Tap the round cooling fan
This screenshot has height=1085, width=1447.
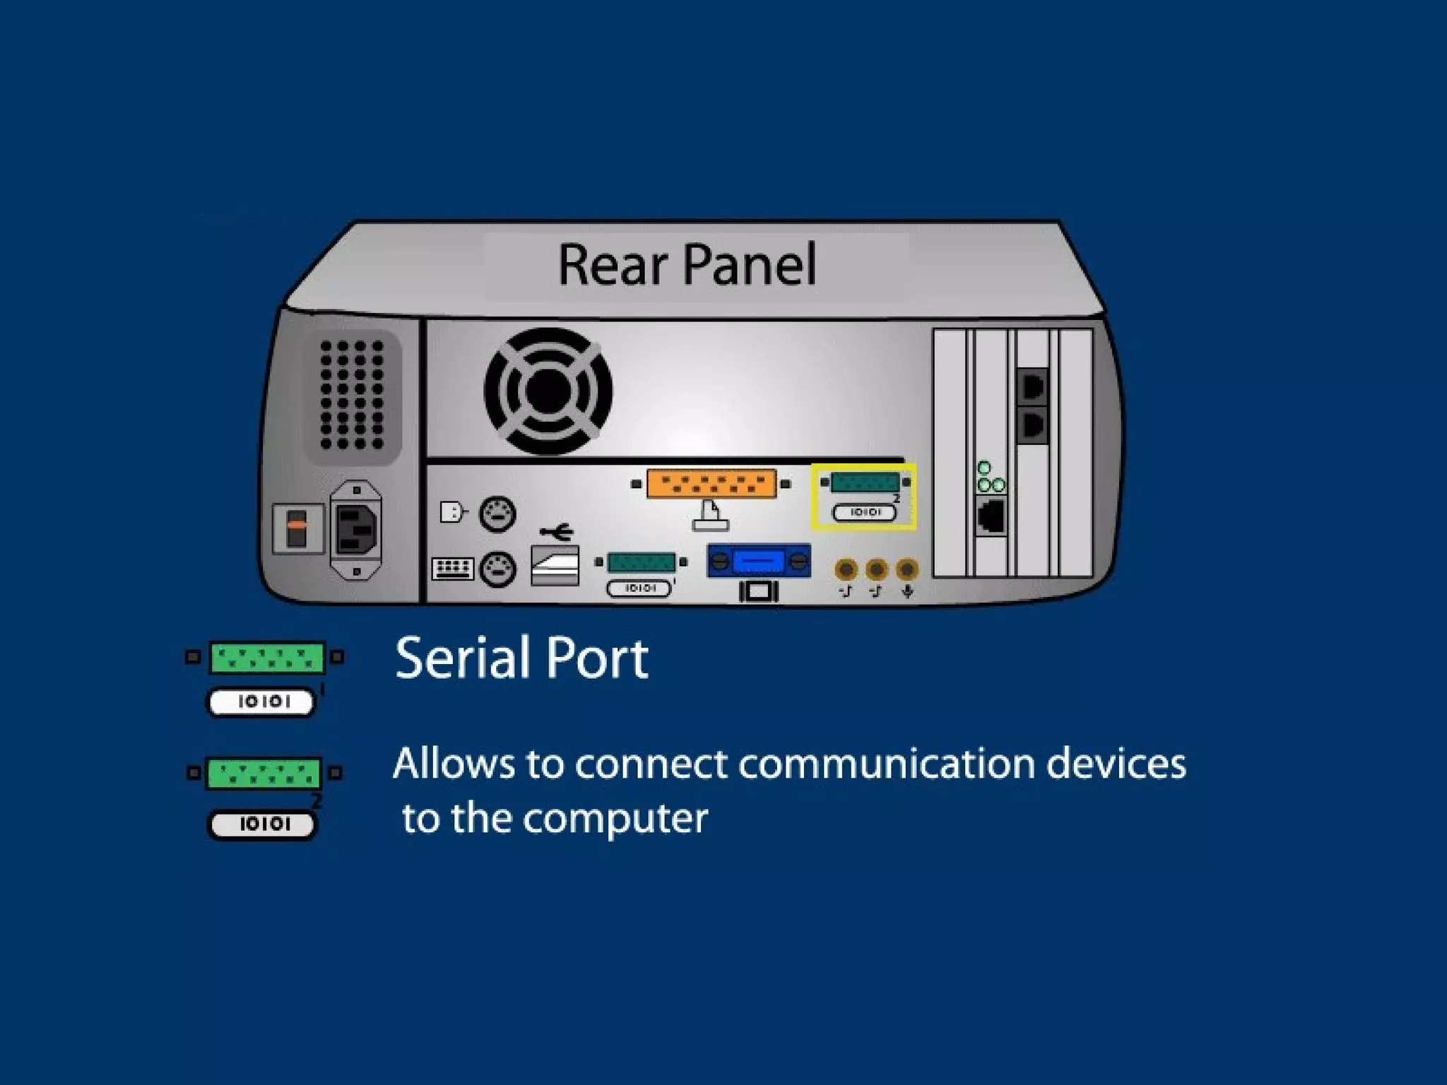(x=548, y=391)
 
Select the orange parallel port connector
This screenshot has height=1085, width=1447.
(x=711, y=484)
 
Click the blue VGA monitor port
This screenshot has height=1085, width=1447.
(x=758, y=561)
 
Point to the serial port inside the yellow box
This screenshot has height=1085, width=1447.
(x=865, y=482)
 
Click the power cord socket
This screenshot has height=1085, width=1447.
(x=357, y=529)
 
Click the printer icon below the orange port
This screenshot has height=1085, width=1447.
(x=710, y=516)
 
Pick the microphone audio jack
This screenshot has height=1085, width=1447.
(x=907, y=569)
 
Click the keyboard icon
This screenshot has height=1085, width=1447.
(x=452, y=569)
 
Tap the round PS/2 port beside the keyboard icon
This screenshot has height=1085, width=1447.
(x=497, y=569)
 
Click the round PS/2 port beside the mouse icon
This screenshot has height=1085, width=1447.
(x=497, y=514)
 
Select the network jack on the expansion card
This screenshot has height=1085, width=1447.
(x=991, y=516)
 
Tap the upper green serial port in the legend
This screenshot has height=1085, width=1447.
(x=266, y=658)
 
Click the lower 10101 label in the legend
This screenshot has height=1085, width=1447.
(x=264, y=824)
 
